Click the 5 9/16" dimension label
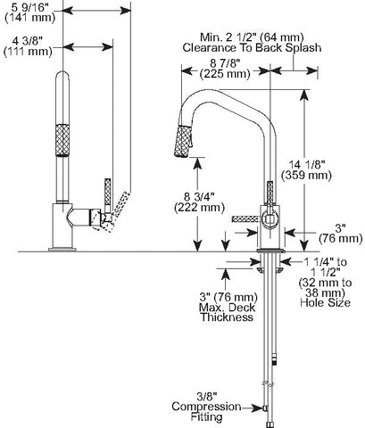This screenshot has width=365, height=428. pos(29,5)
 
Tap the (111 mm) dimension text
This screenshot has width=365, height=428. pos(28,52)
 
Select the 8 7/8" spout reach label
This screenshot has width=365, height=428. pos(225,63)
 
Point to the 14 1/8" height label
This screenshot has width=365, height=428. pos(306,164)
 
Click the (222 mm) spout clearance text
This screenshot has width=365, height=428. pos(199,207)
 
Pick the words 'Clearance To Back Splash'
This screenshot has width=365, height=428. pos(252,47)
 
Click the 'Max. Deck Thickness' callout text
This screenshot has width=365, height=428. pos(227,312)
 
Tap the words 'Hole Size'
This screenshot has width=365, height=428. pos(325,302)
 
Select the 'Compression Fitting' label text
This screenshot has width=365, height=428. pos(206,412)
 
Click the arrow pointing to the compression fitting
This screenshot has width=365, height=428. pos(253,408)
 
